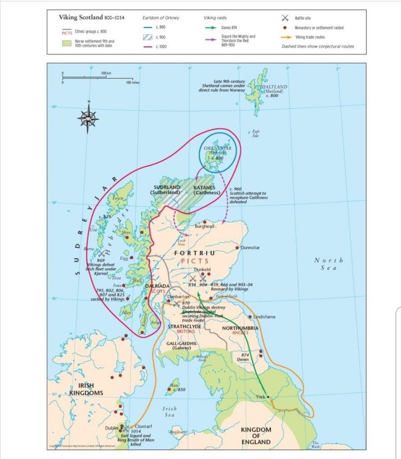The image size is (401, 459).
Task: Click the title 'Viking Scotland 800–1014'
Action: (x=91, y=17)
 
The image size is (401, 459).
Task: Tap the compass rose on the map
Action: (x=87, y=117)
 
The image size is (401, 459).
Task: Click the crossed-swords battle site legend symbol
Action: (x=284, y=19)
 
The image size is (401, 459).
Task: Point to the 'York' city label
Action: (x=260, y=397)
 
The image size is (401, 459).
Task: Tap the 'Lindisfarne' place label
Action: (x=267, y=317)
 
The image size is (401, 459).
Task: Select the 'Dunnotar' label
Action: (x=252, y=247)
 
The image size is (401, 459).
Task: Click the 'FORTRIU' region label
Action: (x=194, y=253)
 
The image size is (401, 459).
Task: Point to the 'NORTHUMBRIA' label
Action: (x=240, y=328)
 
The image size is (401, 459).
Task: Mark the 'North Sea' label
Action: (x=329, y=263)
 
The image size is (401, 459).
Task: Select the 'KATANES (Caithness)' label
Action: (x=207, y=190)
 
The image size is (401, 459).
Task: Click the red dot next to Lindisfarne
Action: (x=250, y=317)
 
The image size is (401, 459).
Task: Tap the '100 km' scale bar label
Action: (x=106, y=73)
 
